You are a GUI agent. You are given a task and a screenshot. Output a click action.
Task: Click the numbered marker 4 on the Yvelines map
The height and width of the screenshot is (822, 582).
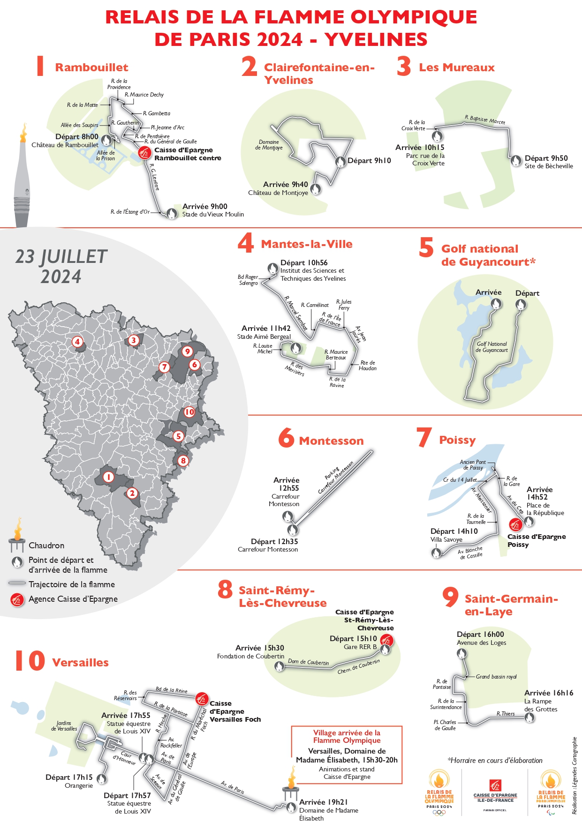click(77, 342)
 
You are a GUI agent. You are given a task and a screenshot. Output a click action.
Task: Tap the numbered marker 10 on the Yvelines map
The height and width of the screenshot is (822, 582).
click(189, 412)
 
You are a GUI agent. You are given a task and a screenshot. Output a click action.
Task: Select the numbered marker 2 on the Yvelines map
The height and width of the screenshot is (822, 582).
click(132, 493)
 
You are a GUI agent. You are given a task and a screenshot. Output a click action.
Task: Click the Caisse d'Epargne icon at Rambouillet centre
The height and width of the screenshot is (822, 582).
click(145, 153)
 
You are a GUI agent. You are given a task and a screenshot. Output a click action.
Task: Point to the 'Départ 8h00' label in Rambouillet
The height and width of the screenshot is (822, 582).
click(77, 137)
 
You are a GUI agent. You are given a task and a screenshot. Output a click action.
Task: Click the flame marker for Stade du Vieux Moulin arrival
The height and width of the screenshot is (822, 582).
click(172, 213)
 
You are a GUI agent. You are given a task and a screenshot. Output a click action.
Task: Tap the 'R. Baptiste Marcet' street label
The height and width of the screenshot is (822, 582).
click(485, 120)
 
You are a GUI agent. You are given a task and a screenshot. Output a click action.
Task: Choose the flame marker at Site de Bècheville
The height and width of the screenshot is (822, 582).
click(516, 160)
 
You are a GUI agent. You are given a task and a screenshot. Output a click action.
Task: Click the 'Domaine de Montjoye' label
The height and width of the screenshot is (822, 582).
click(269, 145)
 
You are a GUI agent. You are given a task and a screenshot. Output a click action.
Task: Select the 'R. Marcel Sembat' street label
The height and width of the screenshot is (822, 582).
click(295, 313)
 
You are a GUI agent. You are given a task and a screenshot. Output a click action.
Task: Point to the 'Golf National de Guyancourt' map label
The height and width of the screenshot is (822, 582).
click(491, 347)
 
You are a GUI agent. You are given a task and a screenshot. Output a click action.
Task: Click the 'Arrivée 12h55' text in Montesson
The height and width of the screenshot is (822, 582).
click(286, 484)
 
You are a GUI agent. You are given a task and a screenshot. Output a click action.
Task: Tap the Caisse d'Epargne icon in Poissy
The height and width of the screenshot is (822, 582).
click(515, 525)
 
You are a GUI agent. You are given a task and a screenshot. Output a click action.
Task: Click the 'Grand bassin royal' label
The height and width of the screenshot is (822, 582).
click(496, 677)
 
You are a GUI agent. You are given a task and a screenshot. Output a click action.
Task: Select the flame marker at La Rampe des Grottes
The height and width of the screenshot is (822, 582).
click(529, 717)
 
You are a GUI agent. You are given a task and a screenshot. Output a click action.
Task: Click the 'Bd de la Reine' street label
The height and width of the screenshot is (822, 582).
click(171, 690)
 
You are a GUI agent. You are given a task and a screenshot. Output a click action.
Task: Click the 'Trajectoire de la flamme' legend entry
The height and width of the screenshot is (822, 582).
click(71, 584)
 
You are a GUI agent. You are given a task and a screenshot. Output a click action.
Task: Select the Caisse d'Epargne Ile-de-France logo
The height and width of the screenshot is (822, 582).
click(495, 792)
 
